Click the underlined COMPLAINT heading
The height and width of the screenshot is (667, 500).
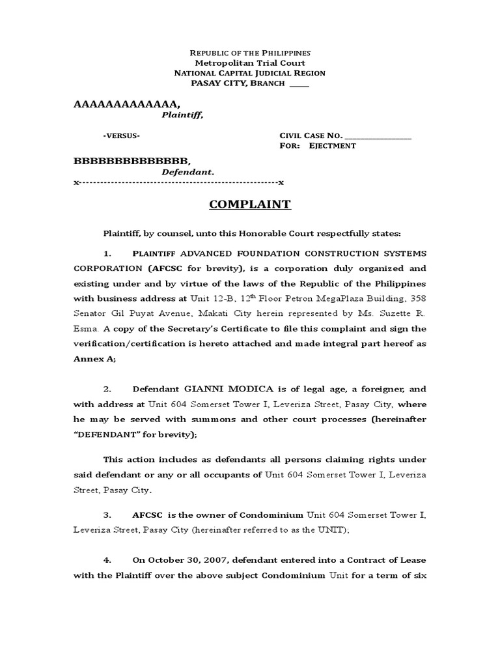tap(249, 205)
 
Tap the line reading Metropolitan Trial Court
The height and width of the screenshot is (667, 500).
tap(249, 63)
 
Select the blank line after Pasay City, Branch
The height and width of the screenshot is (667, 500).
tap(299, 84)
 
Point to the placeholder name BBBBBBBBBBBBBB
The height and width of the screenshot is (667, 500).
tap(133, 160)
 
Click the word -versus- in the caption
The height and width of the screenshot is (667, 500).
tap(121, 135)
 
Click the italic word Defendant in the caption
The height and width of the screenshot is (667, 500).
tap(187, 173)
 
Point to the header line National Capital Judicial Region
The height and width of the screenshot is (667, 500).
tap(249, 74)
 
